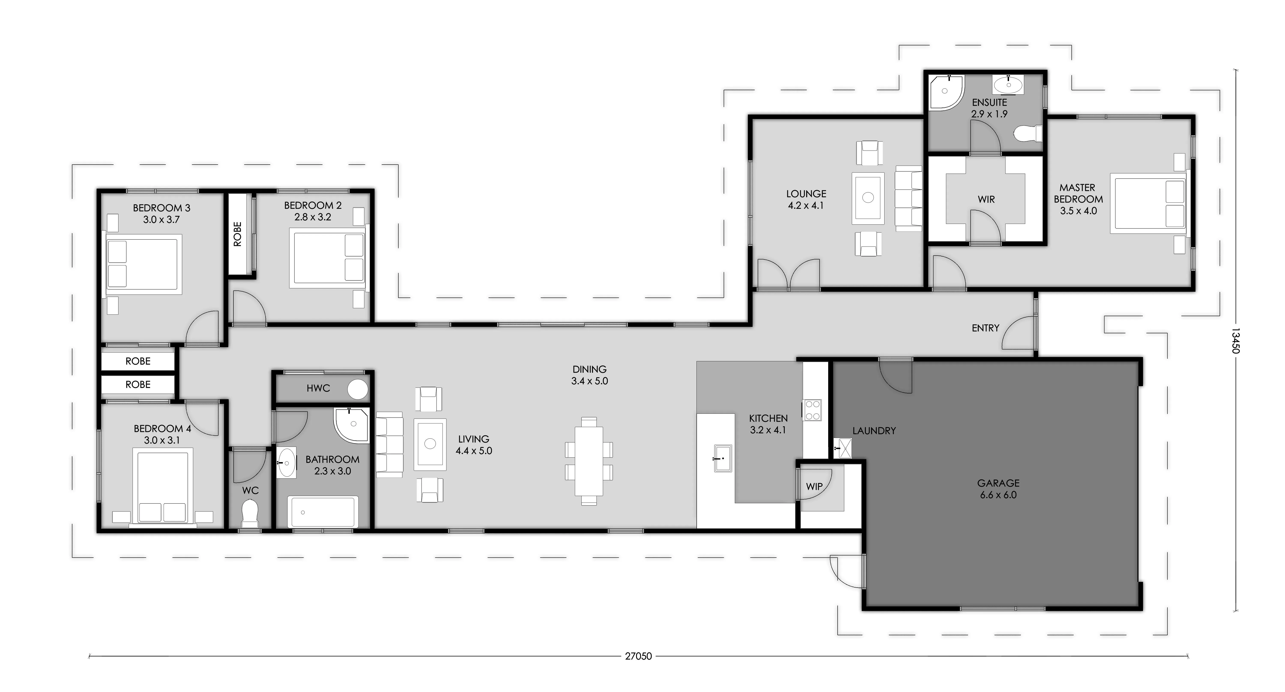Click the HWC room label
[x=318, y=388]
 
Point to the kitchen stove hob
[x=812, y=410]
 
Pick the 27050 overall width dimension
[x=638, y=656]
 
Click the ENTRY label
[x=985, y=328]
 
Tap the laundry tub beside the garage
[x=843, y=448]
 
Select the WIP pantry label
[x=814, y=487]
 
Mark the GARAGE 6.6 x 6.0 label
[x=998, y=489]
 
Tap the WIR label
[x=986, y=199]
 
